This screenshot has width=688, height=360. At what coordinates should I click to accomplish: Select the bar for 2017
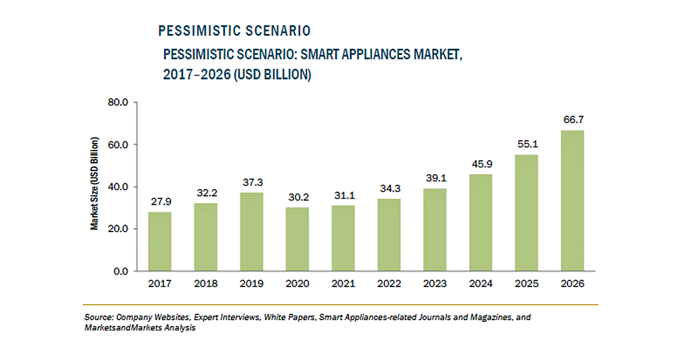click(160, 241)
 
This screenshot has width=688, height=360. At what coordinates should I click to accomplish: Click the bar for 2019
click(252, 232)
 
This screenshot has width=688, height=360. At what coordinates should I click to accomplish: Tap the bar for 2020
click(297, 239)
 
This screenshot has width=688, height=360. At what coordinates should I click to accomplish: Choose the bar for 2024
click(481, 222)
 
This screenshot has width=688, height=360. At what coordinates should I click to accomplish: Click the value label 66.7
click(572, 119)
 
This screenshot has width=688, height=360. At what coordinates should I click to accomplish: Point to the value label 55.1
click(527, 144)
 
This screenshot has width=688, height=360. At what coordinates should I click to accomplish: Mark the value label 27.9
click(160, 201)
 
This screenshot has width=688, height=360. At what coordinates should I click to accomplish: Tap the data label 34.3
click(389, 188)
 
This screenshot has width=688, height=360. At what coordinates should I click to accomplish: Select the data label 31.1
click(343, 195)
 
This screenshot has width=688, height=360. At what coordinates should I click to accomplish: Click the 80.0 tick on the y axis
click(118, 102)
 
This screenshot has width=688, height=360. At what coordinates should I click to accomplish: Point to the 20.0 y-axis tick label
click(118, 229)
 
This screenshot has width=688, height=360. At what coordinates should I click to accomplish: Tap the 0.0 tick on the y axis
click(121, 271)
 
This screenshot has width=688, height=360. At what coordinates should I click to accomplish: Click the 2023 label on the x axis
click(435, 284)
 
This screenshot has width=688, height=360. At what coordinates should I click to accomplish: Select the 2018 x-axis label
click(205, 284)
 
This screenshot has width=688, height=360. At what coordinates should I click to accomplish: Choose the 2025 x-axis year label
click(527, 284)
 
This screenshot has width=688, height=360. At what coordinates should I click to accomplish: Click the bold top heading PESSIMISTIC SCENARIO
click(234, 31)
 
